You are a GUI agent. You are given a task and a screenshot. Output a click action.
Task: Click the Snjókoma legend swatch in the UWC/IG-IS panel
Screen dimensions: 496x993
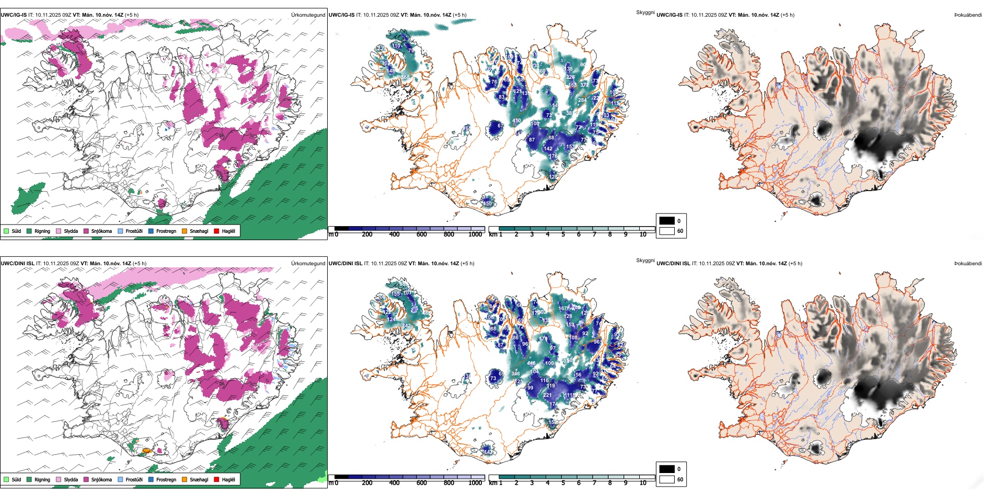coord(86,231)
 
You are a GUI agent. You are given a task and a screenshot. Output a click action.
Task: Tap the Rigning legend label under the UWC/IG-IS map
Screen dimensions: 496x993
coord(42,231)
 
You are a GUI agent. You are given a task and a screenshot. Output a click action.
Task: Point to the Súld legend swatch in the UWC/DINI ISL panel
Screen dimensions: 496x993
coord(6,479)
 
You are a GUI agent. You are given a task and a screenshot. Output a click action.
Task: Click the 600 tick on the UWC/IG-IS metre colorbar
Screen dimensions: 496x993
coord(421,234)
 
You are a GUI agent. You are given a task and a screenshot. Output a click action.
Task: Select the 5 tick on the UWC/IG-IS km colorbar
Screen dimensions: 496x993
coord(563,234)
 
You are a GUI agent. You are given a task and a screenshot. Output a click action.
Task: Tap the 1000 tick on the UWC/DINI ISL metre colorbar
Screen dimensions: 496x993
coord(475,483)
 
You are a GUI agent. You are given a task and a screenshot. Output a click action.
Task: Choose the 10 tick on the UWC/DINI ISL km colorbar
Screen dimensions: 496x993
coord(643,483)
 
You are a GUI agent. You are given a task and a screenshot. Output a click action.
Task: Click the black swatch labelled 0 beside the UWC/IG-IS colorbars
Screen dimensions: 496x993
coord(667,221)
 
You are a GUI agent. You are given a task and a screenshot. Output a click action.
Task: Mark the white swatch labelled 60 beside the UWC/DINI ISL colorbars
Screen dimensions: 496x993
coord(667,479)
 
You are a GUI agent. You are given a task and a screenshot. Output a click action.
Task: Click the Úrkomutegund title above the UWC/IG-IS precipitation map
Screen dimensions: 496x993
coord(308,15)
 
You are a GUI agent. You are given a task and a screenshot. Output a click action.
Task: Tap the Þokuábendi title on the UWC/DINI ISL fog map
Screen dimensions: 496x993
coord(968,264)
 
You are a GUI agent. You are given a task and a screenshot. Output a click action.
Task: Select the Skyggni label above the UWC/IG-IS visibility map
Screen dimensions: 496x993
coord(645,12)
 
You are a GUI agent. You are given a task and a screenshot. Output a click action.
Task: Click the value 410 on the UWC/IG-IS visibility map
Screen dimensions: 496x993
coord(516,121)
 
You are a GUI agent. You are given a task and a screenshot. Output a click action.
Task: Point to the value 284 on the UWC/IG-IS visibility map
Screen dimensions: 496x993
coord(582,100)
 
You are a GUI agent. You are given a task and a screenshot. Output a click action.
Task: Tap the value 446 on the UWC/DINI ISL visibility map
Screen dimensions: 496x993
coord(532,363)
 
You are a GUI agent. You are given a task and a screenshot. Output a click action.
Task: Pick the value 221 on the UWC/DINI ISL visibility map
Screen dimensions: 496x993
coord(547,395)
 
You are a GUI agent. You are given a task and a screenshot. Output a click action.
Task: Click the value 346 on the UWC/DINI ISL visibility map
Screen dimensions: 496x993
coord(516,373)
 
